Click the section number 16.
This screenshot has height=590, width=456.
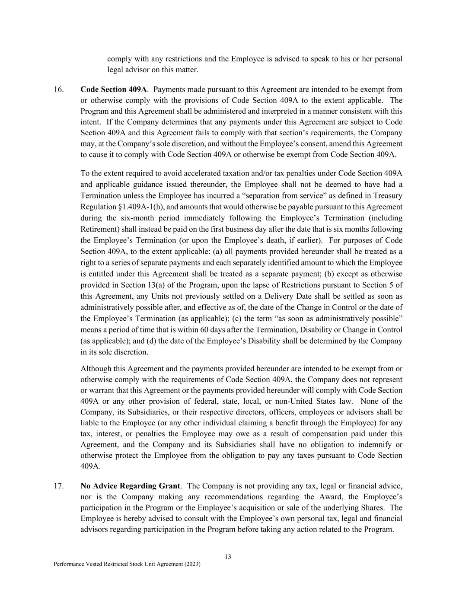click(58, 89)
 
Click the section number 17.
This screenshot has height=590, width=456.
click(58, 486)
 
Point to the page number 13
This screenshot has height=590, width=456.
click(228, 557)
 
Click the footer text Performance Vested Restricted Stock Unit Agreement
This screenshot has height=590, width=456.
click(127, 564)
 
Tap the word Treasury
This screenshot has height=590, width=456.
click(387, 195)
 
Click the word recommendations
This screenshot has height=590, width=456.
click(233, 497)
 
